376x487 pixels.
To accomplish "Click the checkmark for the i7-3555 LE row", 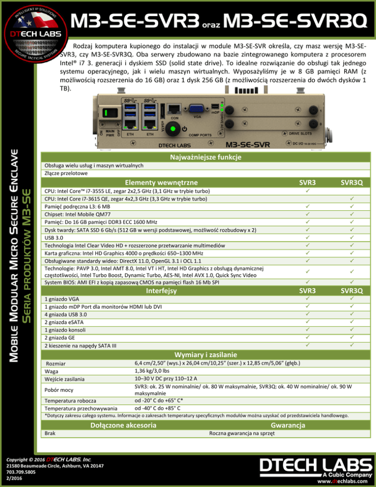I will coord(307,190).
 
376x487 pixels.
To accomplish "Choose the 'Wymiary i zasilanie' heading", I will coord(203,354).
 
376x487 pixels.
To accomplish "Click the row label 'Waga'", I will coord(51,371).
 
